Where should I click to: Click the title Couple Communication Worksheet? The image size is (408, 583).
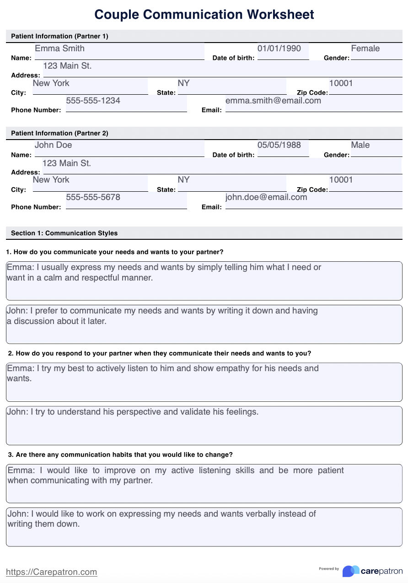coord(204,14)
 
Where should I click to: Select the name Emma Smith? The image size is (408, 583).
coord(59,49)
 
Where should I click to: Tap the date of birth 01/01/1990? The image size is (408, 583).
coord(279,49)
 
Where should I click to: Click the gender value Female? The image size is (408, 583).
coord(365,49)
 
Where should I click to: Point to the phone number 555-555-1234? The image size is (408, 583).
coord(93,101)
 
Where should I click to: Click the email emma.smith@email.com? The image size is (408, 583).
coord(273,101)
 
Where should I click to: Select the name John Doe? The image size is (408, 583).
coord(53,145)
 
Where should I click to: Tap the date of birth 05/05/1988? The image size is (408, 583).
coord(279,145)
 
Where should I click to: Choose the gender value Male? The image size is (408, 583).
coord(360,145)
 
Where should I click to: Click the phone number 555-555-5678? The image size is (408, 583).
coord(93,197)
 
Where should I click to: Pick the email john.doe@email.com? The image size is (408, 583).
coord(266,197)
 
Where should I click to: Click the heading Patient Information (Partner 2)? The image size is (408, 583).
coord(59,133)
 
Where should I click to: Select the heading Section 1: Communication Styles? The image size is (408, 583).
coord(64,233)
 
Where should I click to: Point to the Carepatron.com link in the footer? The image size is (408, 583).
coord(51,572)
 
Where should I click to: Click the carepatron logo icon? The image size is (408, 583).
coord(351,571)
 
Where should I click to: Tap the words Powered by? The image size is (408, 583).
coord(329,569)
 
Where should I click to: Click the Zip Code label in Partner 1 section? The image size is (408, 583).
coord(312,92)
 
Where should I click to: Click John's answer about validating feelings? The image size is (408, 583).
coord(133,412)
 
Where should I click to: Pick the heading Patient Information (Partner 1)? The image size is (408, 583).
coord(59,36)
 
